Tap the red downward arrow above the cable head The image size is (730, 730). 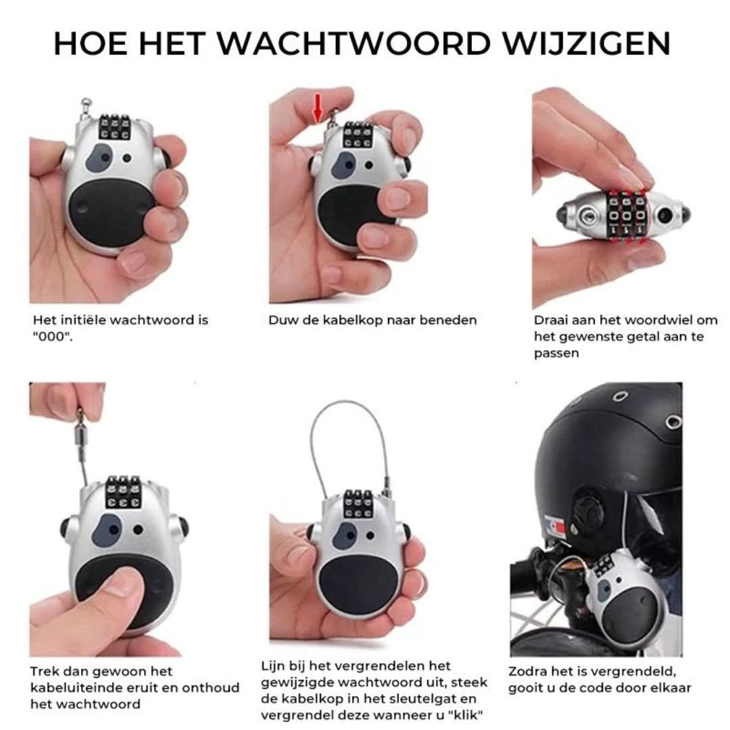317,108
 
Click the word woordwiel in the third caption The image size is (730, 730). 658,320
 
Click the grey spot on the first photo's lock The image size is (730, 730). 102,156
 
